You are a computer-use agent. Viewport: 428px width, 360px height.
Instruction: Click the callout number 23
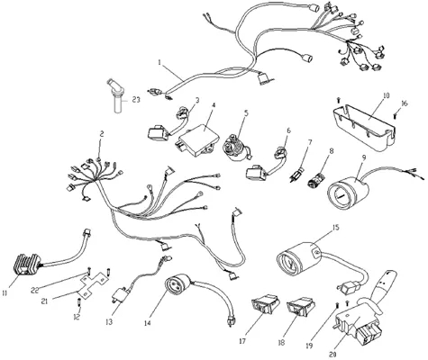(136, 100)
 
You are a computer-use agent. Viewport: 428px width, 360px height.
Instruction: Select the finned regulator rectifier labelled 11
(28, 264)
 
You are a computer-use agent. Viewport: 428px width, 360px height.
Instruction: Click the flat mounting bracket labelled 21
(92, 284)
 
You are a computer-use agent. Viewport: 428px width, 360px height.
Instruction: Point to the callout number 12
(77, 316)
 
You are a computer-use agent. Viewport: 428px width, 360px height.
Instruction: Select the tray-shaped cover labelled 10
(364, 127)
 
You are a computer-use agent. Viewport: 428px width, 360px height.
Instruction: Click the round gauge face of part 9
(341, 195)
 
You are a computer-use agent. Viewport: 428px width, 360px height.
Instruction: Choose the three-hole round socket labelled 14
(177, 285)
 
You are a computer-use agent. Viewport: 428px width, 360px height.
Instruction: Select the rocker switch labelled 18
(301, 306)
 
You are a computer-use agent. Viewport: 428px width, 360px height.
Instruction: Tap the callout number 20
(332, 355)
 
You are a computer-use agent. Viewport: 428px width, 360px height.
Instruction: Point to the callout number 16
(405, 103)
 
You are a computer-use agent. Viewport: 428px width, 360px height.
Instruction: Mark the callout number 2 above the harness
(102, 134)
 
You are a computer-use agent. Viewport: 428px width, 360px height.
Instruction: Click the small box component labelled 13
(120, 294)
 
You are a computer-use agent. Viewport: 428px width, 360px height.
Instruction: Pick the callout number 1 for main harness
(159, 62)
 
